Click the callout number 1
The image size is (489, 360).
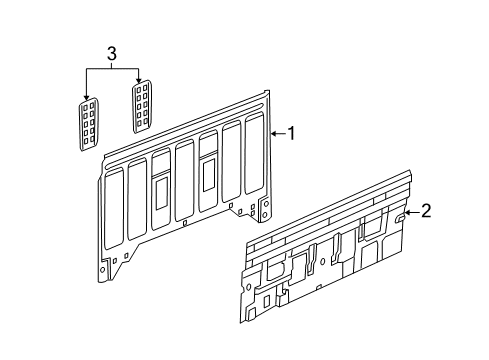pos(292,132)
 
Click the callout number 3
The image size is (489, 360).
pos(113,52)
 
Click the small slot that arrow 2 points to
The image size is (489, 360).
pos(399,212)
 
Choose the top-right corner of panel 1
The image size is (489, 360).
pos(269,93)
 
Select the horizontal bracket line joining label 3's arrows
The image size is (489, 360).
pos(112,67)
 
